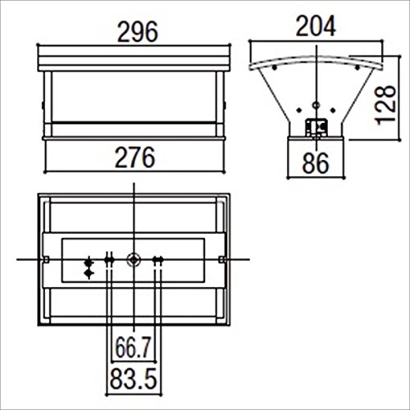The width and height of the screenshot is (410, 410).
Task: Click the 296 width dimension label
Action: click(x=138, y=32)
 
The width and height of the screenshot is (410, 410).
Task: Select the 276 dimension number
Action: click(x=135, y=157)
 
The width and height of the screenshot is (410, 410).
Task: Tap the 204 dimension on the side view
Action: click(x=316, y=26)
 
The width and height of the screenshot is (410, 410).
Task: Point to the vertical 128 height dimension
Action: click(x=386, y=105)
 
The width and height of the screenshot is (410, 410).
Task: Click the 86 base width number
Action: click(x=316, y=163)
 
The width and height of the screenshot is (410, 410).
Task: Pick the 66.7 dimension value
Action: click(x=133, y=348)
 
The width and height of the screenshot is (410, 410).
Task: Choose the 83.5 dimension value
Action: click(x=134, y=379)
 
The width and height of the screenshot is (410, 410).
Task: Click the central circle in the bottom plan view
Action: click(x=134, y=260)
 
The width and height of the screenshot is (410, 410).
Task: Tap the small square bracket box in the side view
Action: click(x=317, y=127)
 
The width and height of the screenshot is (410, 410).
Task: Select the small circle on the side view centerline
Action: click(x=317, y=105)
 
